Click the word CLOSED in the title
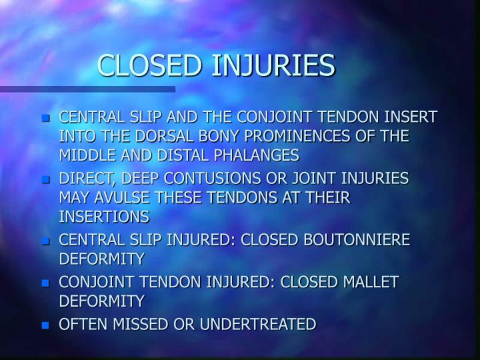[149, 65]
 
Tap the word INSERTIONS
[104, 217]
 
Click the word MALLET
[371, 282]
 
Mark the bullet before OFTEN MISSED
[45, 326]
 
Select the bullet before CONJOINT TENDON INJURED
[45, 283]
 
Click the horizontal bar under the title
[87, 89]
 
